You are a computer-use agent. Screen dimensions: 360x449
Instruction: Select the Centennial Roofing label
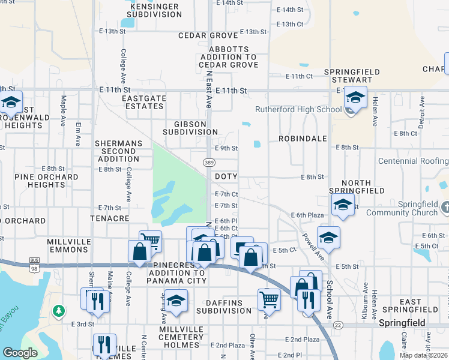[x=413, y=161]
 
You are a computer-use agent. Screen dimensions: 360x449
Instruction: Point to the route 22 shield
[x=338, y=325]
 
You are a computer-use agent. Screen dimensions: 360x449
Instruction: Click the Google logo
[x=20, y=353]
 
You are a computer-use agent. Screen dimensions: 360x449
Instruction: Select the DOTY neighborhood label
[x=226, y=176]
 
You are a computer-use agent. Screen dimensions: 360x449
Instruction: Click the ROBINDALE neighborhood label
[x=303, y=138]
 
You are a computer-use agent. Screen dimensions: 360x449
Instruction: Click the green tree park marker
[x=58, y=310]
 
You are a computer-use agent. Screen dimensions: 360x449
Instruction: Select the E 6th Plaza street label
[x=307, y=215]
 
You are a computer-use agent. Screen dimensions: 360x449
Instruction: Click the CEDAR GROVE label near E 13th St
[x=208, y=35]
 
